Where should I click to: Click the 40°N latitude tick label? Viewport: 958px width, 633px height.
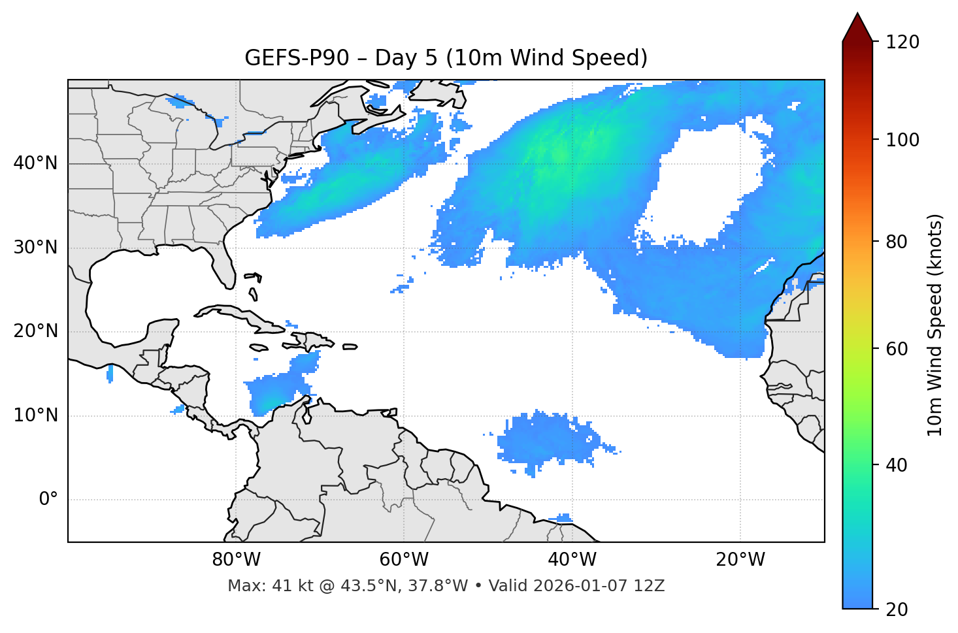click(x=35, y=163)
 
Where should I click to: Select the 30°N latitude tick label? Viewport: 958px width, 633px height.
click(x=35, y=248)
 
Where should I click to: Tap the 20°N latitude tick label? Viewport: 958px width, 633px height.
click(x=35, y=331)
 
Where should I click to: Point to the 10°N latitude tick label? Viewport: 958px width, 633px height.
click(x=35, y=415)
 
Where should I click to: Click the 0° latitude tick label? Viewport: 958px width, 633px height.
click(x=48, y=500)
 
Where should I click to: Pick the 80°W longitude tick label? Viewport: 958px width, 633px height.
click(x=236, y=560)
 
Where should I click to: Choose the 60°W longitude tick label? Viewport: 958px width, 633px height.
click(x=404, y=560)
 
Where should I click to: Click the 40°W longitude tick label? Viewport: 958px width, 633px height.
click(x=572, y=560)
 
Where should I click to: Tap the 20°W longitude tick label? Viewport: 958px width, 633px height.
click(x=740, y=560)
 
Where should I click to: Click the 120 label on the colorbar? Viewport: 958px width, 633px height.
click(x=902, y=42)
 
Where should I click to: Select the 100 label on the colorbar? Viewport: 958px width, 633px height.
click(x=902, y=140)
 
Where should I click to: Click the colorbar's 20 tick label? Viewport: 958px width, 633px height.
click(x=897, y=609)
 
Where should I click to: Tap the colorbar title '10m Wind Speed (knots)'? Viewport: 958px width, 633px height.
click(x=935, y=325)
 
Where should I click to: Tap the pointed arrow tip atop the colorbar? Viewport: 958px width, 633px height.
click(x=857, y=14)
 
